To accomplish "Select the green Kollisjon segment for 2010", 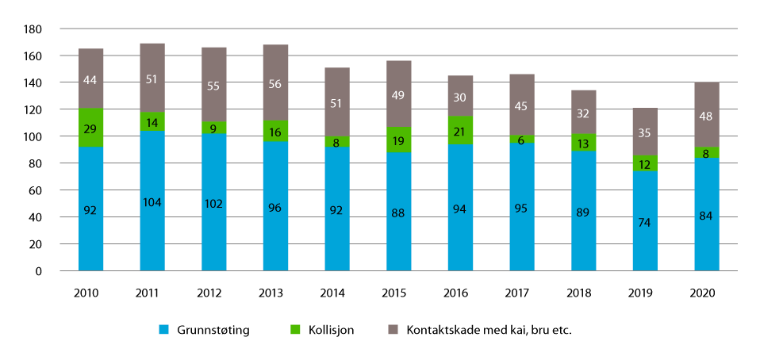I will (90, 127).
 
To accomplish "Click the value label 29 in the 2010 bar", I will (90, 128).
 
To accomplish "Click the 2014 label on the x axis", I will (336, 293).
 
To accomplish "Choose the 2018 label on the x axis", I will (582, 293).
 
